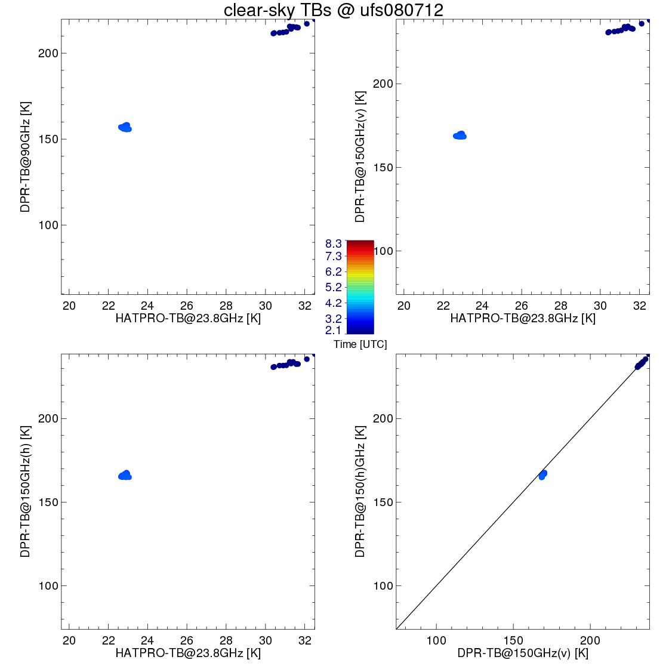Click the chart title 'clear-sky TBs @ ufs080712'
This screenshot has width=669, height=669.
pyautogui.click(x=333, y=10)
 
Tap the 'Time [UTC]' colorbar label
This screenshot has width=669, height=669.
pyautogui.click(x=360, y=344)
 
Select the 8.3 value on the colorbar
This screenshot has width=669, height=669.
pyautogui.click(x=333, y=243)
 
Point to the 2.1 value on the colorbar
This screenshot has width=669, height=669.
pyautogui.click(x=333, y=330)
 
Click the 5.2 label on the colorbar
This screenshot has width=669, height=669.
pyautogui.click(x=333, y=287)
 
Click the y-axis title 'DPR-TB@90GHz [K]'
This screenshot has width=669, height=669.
pyautogui.click(x=25, y=157)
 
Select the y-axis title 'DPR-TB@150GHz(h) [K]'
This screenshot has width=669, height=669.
pyautogui.click(x=25, y=491)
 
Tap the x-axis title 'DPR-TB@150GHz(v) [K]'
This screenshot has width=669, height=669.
pyautogui.click(x=523, y=653)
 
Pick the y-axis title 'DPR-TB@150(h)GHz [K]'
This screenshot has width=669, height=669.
pyautogui.click(x=360, y=491)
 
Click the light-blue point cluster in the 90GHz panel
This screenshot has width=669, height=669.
pyautogui.click(x=125, y=127)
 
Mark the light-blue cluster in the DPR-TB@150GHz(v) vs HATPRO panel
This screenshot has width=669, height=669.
pyautogui.click(x=460, y=135)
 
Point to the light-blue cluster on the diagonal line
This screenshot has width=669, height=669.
pyautogui.click(x=542, y=475)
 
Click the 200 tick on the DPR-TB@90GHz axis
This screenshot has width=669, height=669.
pyautogui.click(x=48, y=53)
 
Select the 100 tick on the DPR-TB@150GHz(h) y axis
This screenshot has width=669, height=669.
pyautogui.click(x=48, y=586)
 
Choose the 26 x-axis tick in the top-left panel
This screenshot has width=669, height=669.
pyautogui.click(x=187, y=306)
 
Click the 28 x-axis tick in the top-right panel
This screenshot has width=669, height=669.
pyautogui.click(x=560, y=306)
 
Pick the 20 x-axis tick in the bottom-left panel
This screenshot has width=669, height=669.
pyautogui.click(x=69, y=640)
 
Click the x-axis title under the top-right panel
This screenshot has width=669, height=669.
pyautogui.click(x=523, y=318)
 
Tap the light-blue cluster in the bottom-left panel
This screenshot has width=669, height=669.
pyautogui.click(x=125, y=475)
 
